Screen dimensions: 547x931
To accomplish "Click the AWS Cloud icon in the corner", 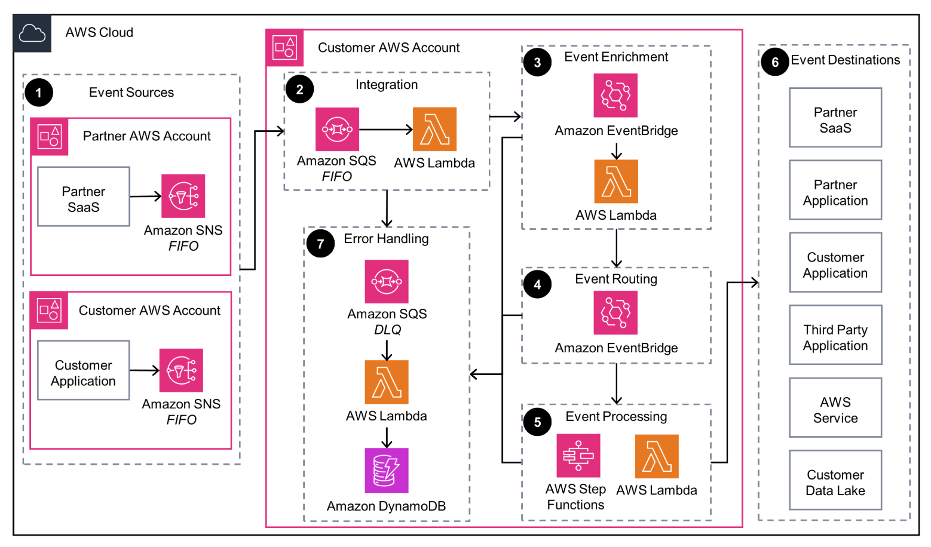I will (32, 34).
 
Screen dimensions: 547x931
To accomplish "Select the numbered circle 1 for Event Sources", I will (39, 93).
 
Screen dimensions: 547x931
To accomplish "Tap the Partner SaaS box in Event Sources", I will (84, 197).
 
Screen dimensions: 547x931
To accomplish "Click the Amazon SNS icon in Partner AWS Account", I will (183, 196).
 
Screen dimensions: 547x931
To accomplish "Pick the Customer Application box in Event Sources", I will (84, 371).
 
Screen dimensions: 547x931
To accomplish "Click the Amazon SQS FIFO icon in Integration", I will (337, 130).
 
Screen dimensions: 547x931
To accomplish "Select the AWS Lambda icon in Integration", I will (434, 130).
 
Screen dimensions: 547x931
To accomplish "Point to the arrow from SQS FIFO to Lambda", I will (385, 130).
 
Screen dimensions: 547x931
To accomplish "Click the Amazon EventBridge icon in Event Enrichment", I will (615, 96).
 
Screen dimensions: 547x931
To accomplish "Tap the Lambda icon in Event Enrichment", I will (616, 182).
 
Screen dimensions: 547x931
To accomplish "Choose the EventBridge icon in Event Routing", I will (615, 313).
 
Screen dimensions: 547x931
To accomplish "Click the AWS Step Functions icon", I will (578, 456).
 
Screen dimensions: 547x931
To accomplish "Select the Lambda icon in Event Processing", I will (657, 456).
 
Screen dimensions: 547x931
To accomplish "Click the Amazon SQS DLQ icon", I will (387, 281).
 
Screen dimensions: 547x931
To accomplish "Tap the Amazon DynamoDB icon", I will (387, 471).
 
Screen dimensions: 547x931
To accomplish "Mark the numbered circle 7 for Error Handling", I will (320, 244).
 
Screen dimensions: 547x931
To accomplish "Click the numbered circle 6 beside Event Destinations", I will (775, 62).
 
